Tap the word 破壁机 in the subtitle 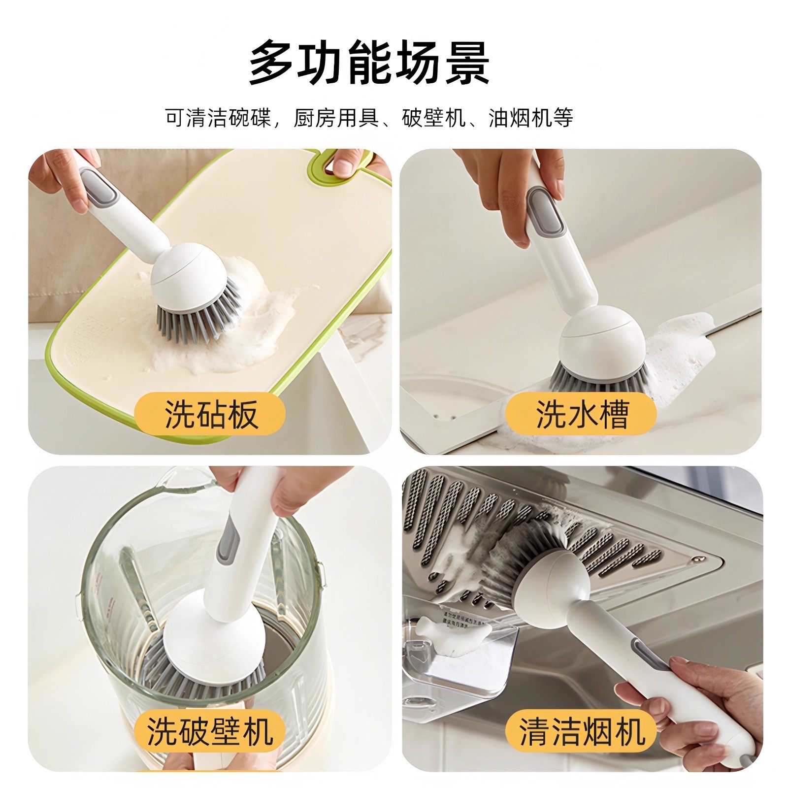(x=433, y=118)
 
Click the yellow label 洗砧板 (x=211, y=414)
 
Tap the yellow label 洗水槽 (x=582, y=414)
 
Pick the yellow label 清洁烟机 (x=582, y=732)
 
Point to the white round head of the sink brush (x=603, y=340)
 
